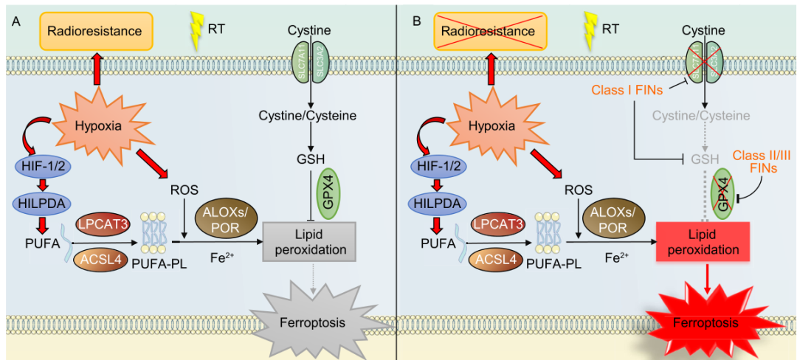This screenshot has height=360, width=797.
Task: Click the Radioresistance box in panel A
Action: tap(96, 31)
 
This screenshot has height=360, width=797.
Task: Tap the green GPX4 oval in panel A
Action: tap(326, 193)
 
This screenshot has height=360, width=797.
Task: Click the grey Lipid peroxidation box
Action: tap(308, 240)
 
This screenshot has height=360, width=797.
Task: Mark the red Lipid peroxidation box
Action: tap(703, 240)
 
